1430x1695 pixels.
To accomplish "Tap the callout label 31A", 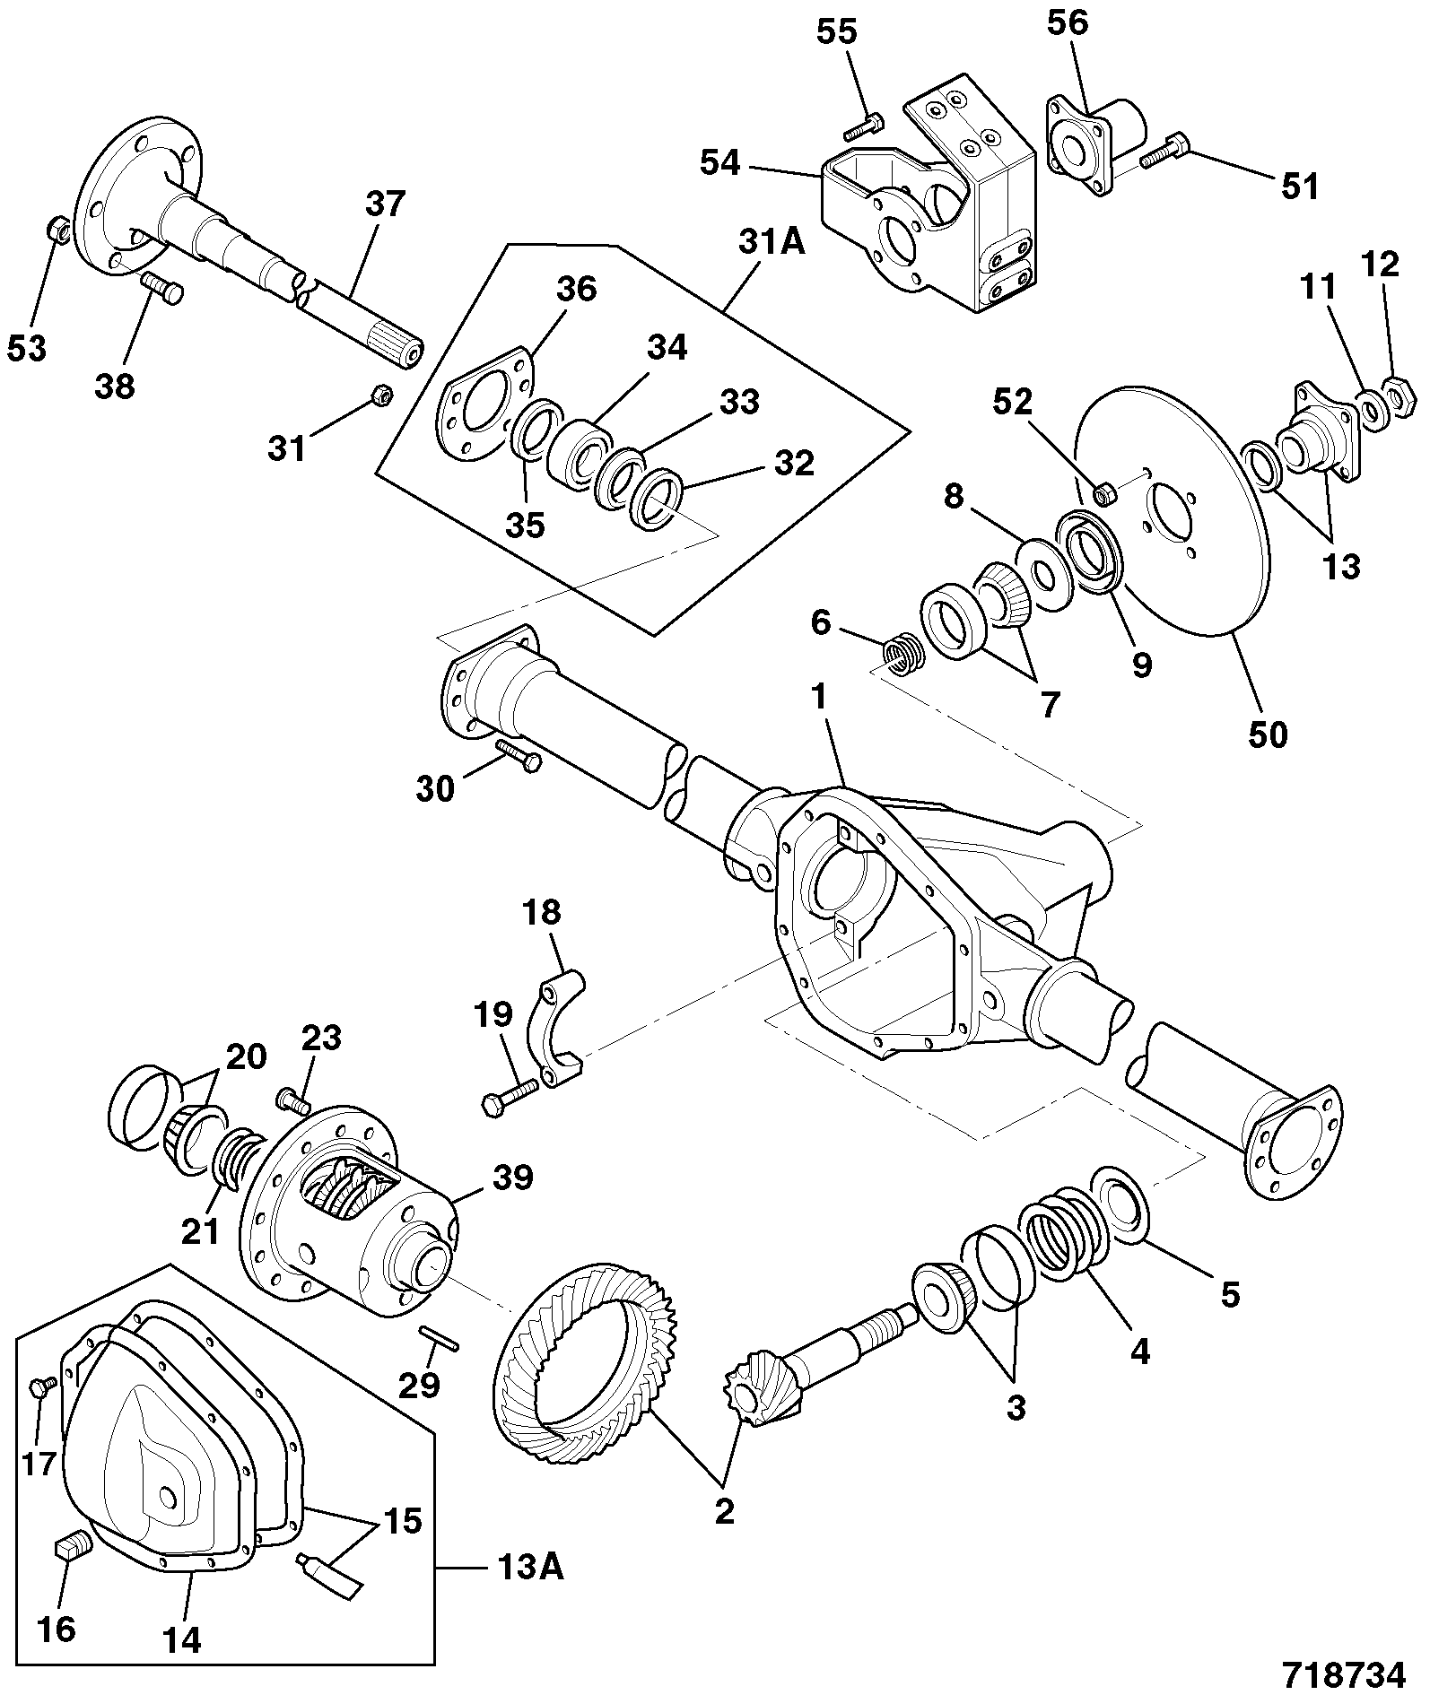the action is tap(772, 241).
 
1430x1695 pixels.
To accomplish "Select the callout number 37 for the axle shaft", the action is tap(386, 204).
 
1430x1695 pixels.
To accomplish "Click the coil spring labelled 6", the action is tap(900, 651).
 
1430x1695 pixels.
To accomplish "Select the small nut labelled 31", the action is tap(379, 395).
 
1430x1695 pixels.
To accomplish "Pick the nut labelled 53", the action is tap(57, 229).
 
